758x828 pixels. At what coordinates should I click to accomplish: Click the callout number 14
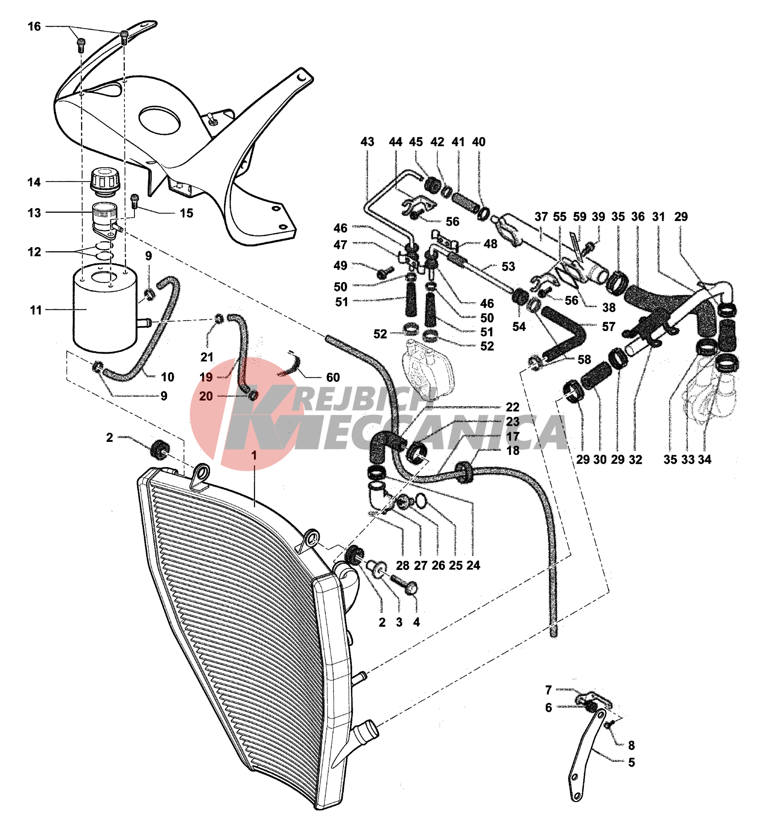pos(34,182)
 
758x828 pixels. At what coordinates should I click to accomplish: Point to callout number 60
pos(333,377)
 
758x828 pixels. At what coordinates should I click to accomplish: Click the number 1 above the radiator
pos(254,455)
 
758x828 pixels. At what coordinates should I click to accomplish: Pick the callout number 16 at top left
pos(34,26)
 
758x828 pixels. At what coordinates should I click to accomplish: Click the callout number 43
pos(367,142)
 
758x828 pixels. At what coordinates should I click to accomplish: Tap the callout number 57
pos(608,326)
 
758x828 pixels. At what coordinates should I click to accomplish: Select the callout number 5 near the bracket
pos(631,762)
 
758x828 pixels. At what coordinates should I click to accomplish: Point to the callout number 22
pos(513,407)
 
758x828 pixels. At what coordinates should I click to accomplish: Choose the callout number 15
pos(187,213)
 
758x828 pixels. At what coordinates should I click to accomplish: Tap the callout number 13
pos(34,213)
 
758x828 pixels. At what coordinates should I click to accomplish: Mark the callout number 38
pos(608,308)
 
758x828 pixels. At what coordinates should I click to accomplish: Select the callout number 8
pos(631,745)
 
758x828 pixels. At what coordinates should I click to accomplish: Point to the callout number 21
pos(207,357)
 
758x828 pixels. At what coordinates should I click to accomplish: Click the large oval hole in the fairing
pos(159,120)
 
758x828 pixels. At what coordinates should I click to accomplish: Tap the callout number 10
pos(167,377)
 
